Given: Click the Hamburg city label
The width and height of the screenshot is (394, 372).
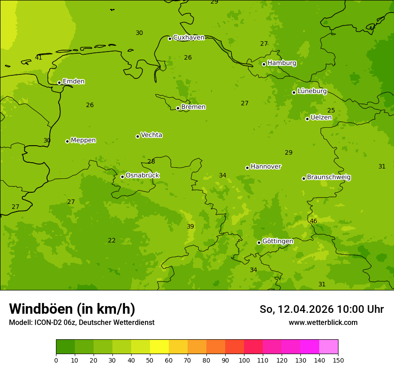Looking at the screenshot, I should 282,63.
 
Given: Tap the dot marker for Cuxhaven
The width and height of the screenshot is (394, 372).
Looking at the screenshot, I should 170,39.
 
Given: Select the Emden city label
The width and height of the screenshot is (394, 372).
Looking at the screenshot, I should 73,82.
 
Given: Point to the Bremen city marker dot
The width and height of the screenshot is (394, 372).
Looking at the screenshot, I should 178,108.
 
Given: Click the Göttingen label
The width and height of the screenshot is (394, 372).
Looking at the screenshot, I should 278,241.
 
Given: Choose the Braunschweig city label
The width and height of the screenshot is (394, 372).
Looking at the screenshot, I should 329,177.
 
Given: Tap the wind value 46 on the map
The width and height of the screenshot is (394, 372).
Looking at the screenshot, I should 313,221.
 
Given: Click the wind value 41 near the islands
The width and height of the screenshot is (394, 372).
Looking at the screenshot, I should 39,57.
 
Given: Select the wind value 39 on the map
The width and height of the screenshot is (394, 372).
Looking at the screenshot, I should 190,226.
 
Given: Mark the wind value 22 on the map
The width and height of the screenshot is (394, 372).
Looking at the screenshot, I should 112,240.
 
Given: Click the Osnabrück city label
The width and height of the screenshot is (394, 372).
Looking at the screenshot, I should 142,175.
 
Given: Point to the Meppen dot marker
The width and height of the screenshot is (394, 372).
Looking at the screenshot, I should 67,141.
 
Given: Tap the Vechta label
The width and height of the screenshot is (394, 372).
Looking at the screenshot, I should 151,135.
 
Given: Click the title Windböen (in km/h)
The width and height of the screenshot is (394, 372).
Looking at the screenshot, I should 72,309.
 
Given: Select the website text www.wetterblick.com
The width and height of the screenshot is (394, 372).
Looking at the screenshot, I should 323,322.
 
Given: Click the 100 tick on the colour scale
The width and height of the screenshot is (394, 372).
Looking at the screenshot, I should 244,360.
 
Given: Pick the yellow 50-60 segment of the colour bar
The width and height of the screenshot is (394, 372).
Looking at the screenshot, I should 159,347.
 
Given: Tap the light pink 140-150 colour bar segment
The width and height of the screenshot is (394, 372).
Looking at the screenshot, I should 329,347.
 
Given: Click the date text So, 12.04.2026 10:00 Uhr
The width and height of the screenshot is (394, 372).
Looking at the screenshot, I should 321,309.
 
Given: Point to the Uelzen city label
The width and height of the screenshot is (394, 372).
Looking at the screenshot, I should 321,118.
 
